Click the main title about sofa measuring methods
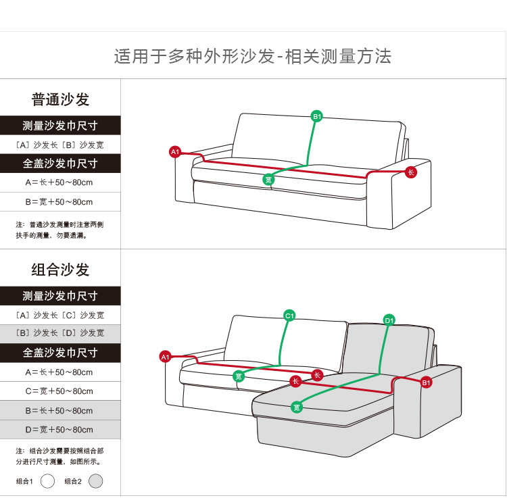(x=252, y=56)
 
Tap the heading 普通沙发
(x=60, y=100)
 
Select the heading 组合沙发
(x=60, y=270)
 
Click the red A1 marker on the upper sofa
(x=175, y=152)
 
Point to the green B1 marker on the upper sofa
(x=316, y=116)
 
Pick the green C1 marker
(x=289, y=316)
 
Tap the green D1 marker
(x=389, y=320)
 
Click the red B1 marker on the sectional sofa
(x=427, y=383)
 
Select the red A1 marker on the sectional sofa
(x=164, y=356)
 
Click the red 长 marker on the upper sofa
(x=410, y=172)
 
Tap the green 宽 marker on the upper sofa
(x=269, y=179)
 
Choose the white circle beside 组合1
(x=47, y=481)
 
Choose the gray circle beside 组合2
(x=96, y=481)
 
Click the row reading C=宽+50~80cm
(x=60, y=391)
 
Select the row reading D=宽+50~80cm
(x=60, y=430)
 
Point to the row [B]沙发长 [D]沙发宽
(x=60, y=333)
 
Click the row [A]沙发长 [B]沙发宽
(x=60, y=145)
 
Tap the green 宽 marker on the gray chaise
(x=296, y=407)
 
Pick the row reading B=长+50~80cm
(x=60, y=411)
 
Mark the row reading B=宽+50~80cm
(x=60, y=202)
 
